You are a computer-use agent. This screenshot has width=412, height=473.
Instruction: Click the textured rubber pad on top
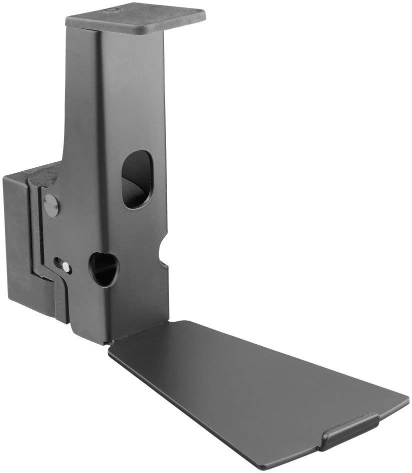[135, 20]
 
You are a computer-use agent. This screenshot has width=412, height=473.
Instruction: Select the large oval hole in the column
[136, 179]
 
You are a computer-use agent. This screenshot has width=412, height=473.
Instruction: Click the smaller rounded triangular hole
[103, 269]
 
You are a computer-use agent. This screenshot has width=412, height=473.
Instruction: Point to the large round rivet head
[51, 205]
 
